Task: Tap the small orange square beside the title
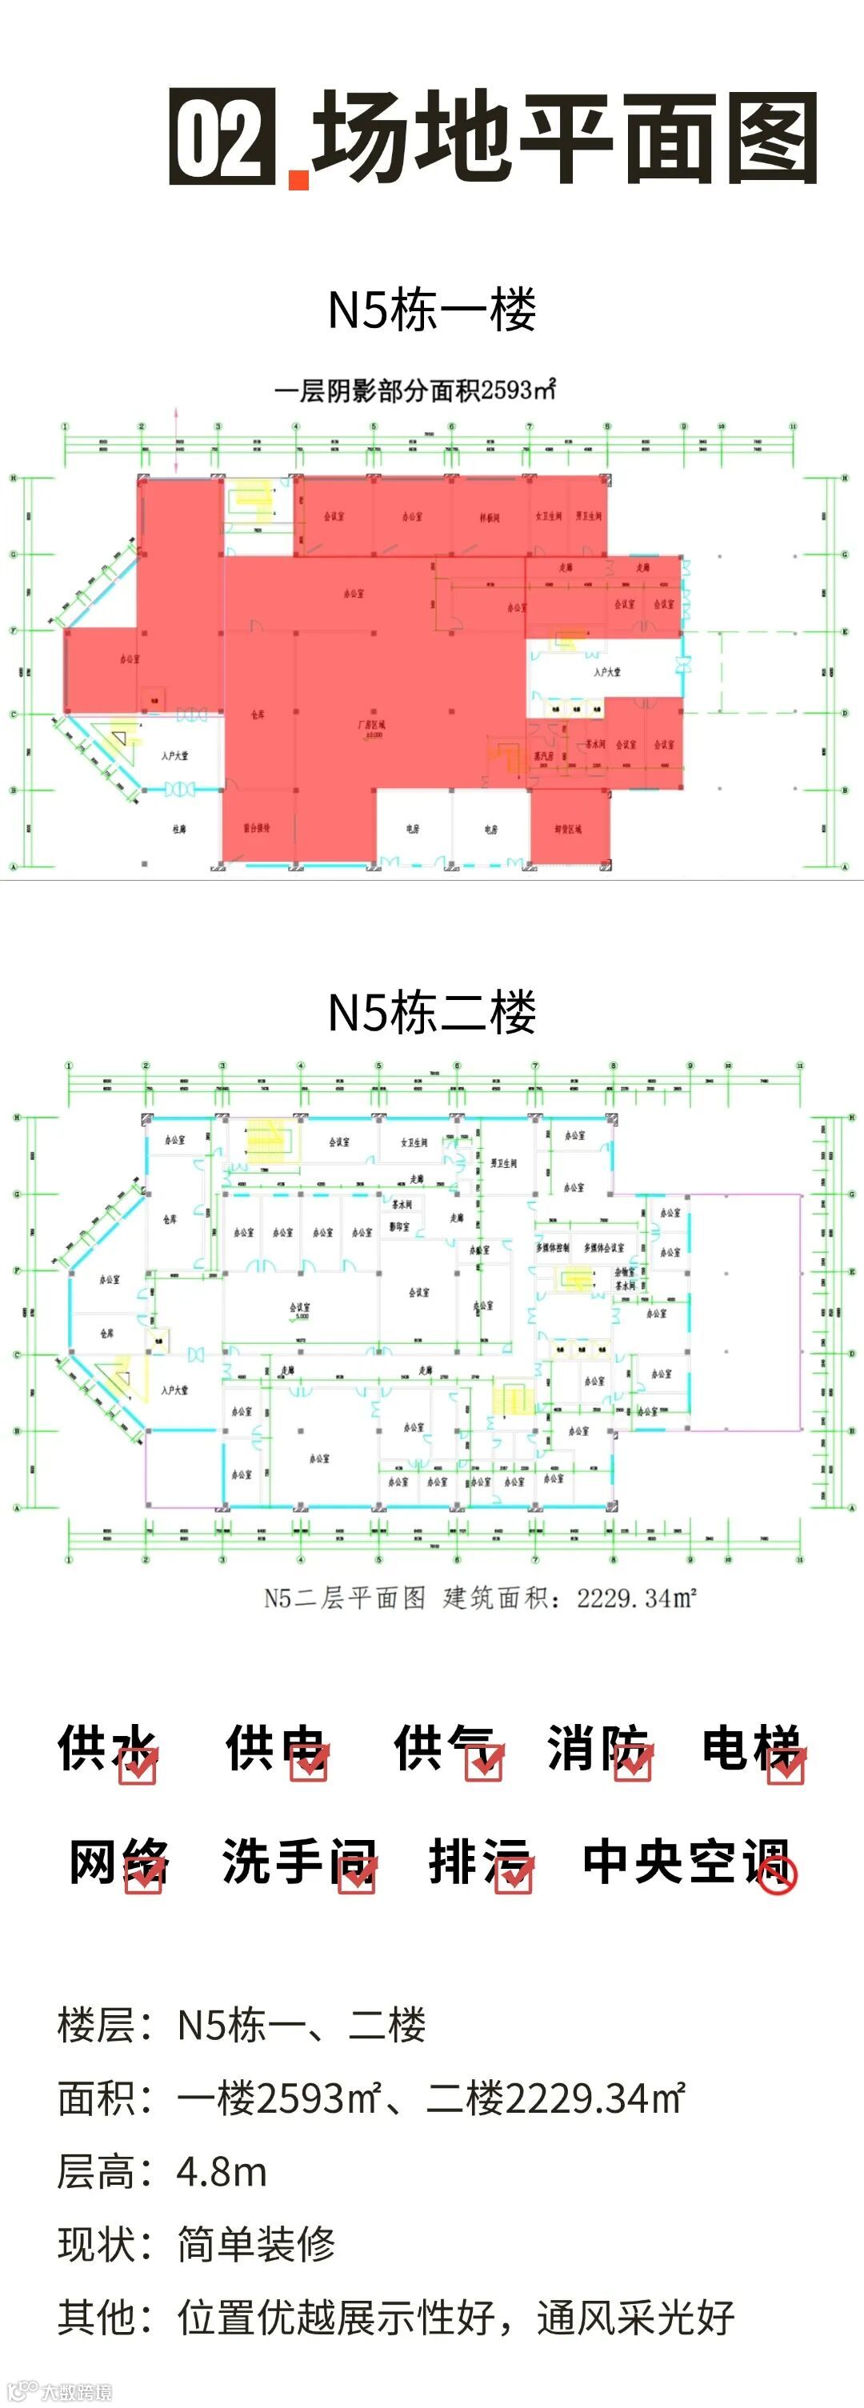pyautogui.click(x=298, y=179)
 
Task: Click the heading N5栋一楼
pyautogui.click(x=431, y=310)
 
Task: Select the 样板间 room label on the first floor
pyautogui.click(x=490, y=517)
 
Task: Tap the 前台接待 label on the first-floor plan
pyautogui.click(x=257, y=828)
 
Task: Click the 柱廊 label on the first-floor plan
pyautogui.click(x=178, y=829)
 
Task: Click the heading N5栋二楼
pyautogui.click(x=431, y=1011)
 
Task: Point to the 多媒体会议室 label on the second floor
pyautogui.click(x=603, y=1248)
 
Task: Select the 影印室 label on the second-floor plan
pyautogui.click(x=399, y=1226)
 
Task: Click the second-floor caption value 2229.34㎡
pyautogui.click(x=637, y=1598)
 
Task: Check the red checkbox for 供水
pyautogui.click(x=138, y=1765)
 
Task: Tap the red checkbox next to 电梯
pyautogui.click(x=786, y=1765)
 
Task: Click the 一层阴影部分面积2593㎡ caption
pyautogui.click(x=414, y=390)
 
